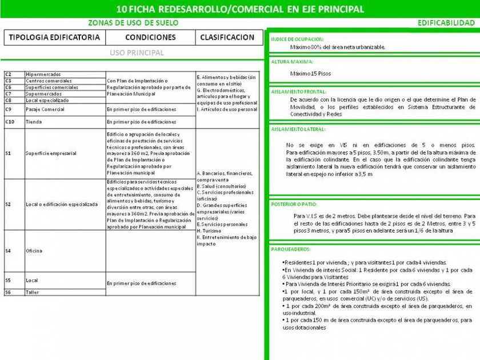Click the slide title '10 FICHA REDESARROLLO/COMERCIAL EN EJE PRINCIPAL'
coord(239,9)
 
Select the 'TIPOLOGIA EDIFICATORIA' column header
coord(55,38)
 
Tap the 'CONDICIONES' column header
coord(150,38)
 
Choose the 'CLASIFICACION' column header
coord(228,38)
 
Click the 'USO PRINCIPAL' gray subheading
coord(137,53)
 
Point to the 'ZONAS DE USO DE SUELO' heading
coord(133,23)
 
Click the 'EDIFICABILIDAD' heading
coord(446,23)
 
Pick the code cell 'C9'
coord(9,109)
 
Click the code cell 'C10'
coord(10,122)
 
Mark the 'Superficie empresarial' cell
coord(51,154)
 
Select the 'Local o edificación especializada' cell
coord(62,204)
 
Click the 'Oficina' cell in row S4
coord(34,251)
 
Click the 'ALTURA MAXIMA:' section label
coord(292,62)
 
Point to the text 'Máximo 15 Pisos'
coord(310,73)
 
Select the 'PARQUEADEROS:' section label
coord(291,249)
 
